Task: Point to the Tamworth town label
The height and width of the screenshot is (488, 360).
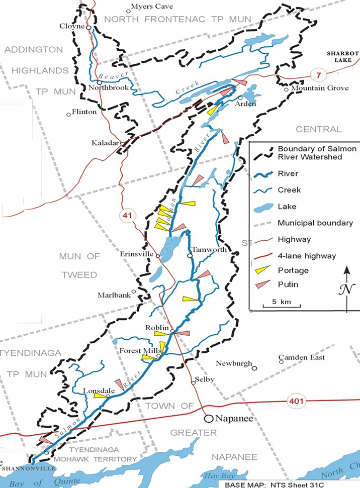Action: click(x=208, y=249)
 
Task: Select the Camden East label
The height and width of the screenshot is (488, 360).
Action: click(x=302, y=357)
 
